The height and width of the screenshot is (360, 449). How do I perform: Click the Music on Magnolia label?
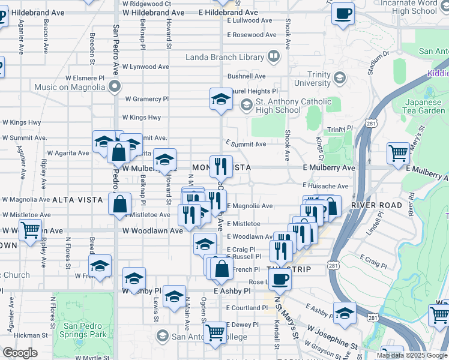[70, 87]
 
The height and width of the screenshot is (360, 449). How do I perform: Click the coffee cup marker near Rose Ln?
[280, 278]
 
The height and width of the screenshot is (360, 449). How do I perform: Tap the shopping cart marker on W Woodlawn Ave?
[30, 229]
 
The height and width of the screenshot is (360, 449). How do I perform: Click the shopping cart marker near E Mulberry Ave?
[398, 154]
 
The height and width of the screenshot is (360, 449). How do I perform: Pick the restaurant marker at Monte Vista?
[221, 166]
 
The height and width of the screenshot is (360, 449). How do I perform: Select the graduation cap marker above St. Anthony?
[221, 98]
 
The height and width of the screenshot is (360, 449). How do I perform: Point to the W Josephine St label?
[328, 337]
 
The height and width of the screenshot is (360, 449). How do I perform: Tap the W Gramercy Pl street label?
[147, 99]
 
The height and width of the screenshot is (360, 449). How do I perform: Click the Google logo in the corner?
[20, 353]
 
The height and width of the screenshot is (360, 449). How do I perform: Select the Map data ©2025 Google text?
[411, 355]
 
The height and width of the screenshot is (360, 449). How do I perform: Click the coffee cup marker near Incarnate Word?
[343, 13]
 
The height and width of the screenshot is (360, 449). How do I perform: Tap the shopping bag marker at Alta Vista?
[120, 203]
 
